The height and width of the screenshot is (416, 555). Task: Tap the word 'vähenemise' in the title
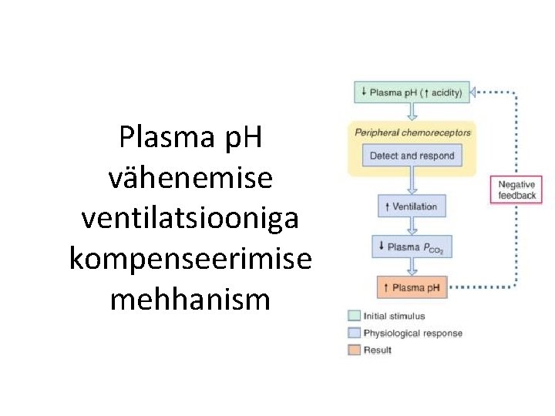190,179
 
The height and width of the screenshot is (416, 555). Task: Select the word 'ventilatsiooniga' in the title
190,219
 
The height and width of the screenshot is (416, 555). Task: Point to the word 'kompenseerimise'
190,259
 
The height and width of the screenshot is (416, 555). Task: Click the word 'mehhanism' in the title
190,299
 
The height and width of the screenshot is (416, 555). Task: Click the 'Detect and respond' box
412,156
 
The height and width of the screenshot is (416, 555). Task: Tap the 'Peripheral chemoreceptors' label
412,133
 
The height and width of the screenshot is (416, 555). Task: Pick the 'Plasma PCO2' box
412,247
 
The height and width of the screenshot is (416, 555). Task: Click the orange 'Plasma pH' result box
412,288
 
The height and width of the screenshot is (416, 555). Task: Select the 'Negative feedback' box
516,190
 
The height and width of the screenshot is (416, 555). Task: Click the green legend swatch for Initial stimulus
354,316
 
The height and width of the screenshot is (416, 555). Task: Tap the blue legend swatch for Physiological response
354,333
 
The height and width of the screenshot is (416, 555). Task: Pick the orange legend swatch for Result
354,350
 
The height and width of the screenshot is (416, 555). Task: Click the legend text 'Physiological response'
413,333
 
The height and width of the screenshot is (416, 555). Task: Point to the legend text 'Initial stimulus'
395,316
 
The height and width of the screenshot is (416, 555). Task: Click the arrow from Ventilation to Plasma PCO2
412,226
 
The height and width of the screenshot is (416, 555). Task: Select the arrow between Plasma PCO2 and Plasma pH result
412,267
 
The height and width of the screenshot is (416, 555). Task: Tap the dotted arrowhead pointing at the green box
476,93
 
